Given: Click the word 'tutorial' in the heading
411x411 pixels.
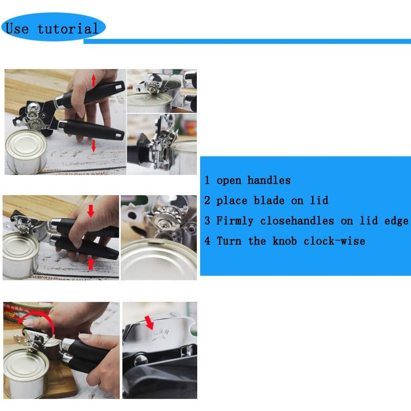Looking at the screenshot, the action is pos(68,28).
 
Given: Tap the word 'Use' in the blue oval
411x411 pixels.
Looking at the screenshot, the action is pos(17,28).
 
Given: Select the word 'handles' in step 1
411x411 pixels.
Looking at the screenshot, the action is pos(269,180).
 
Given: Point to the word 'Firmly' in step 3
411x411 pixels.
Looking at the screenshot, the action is pos(235,221).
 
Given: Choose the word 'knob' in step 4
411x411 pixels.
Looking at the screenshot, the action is pos(284,241).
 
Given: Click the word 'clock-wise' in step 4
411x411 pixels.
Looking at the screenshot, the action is pos(334,241).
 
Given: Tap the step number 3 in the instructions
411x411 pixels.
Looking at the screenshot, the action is pos(207,220).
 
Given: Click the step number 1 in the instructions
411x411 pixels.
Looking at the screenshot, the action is pos(207,180).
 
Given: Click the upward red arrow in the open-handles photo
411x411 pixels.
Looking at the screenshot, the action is pos(93,80).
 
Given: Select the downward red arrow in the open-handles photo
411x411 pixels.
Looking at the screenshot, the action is pos(93,146).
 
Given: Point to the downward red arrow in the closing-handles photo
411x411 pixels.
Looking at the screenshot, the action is pos(91,211).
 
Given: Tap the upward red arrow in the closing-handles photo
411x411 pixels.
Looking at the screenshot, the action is pos(91,264).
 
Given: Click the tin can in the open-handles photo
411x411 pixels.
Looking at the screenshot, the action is pos(26,152).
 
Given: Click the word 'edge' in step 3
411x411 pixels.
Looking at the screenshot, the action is pos(396,221).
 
